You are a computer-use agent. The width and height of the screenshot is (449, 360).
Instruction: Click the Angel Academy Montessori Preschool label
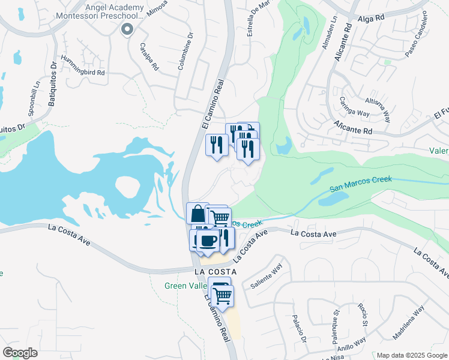pos(114,11)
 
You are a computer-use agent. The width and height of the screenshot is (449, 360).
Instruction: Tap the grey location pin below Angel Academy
pos(126,29)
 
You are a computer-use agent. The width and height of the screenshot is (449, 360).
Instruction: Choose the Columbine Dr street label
pos(185,50)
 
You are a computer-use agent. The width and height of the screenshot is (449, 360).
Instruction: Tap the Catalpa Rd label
pos(149,56)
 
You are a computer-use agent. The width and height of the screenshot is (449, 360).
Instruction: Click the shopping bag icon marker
pos(197,213)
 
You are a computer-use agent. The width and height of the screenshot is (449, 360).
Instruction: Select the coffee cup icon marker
pos(208,241)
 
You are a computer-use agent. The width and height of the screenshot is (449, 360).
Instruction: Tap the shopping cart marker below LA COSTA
pos(222,295)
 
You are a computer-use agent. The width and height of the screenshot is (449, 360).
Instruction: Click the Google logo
pos(20,352)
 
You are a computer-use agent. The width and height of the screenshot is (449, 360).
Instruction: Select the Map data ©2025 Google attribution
pos(411,355)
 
